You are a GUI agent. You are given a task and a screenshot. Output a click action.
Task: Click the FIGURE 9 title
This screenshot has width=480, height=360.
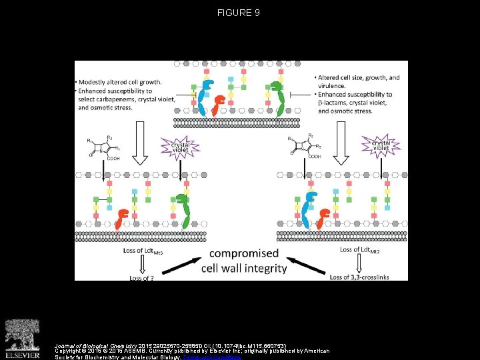coord(238,13)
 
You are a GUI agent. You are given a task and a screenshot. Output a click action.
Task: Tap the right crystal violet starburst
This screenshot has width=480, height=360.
coord(381,145)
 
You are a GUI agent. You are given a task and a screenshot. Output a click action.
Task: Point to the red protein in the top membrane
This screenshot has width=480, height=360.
coord(217,105)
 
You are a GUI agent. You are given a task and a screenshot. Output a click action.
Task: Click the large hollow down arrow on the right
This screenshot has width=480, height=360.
coord(341,142)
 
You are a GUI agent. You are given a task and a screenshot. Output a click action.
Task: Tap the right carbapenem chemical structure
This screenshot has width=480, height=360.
coord(305,147)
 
